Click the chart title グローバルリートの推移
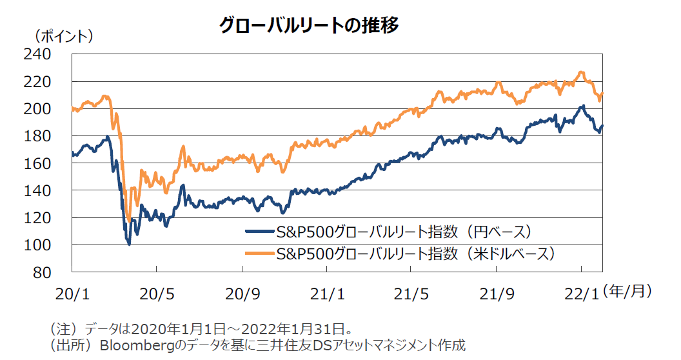(x=309, y=25)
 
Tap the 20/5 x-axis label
(x=157, y=294)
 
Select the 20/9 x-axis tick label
(x=242, y=294)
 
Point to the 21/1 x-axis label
(x=327, y=294)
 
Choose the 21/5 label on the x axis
(x=412, y=294)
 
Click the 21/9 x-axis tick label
(x=497, y=294)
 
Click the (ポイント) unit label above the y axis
(x=63, y=36)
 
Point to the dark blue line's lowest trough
(x=130, y=245)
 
